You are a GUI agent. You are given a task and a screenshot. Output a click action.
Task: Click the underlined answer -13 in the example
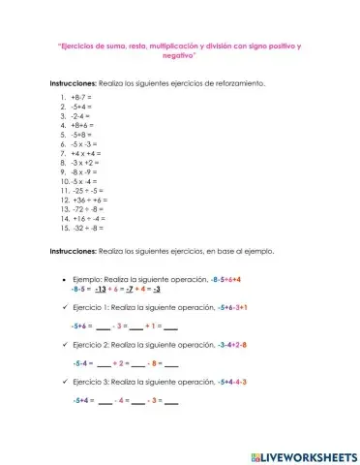tap(100, 289)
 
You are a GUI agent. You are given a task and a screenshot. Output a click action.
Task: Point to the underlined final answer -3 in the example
tap(157, 289)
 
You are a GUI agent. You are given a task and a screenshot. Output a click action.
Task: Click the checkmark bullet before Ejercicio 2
tap(62, 345)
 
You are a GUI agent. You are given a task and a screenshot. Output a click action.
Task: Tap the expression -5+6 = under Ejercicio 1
tap(83, 326)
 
